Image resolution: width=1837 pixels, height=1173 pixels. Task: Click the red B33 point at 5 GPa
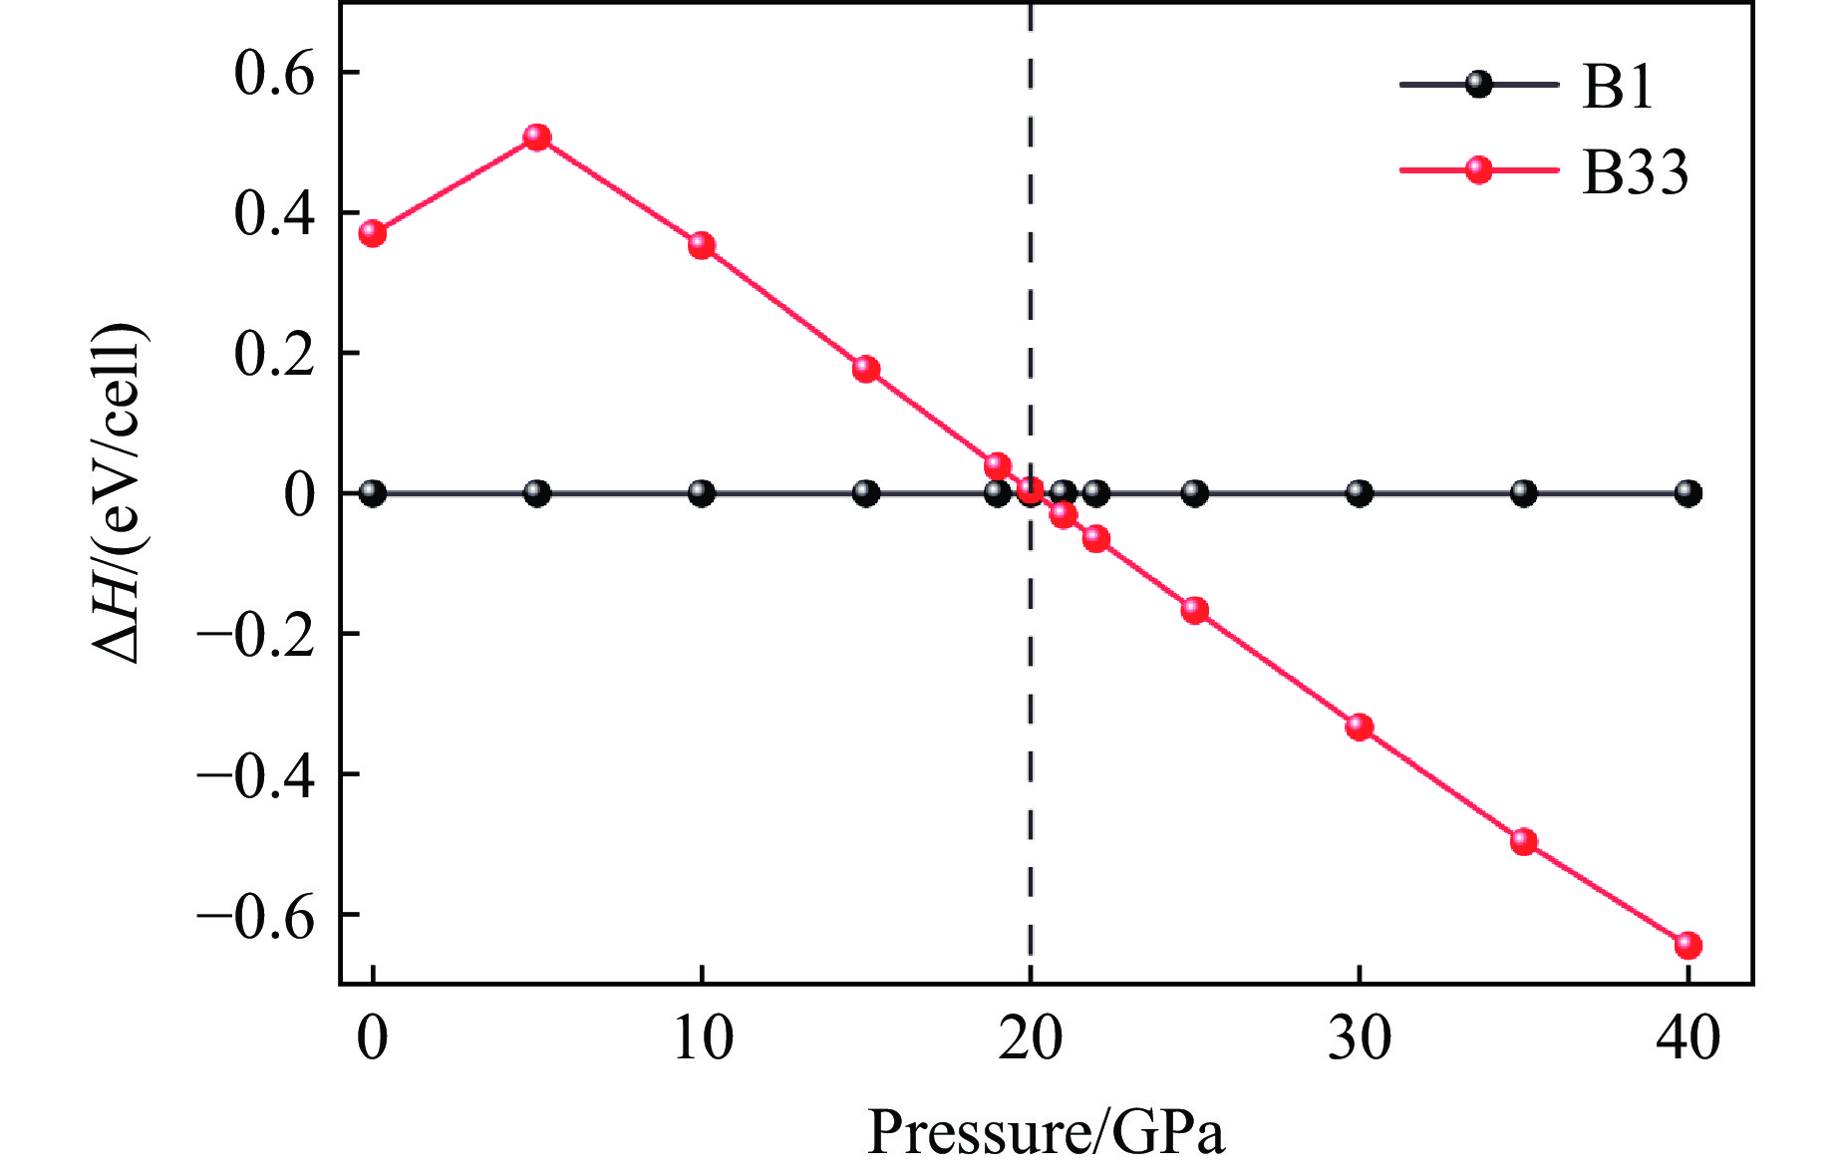pyautogui.click(x=537, y=138)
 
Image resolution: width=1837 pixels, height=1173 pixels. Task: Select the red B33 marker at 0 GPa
pyautogui.click(x=373, y=234)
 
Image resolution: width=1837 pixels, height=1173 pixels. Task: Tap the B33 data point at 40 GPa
pyautogui.click(x=1687, y=945)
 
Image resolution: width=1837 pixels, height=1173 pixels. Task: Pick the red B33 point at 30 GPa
pyautogui.click(x=1360, y=727)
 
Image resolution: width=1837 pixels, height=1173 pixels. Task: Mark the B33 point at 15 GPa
pyautogui.click(x=866, y=370)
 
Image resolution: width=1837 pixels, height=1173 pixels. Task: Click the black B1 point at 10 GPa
pyautogui.click(x=702, y=493)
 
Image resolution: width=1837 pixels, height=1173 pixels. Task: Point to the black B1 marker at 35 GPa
pyautogui.click(x=1523, y=493)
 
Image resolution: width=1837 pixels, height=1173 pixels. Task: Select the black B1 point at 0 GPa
pyautogui.click(x=373, y=493)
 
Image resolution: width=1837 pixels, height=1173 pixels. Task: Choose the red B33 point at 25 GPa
pyautogui.click(x=1195, y=611)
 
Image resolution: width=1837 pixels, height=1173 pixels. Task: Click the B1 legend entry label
pyautogui.click(x=1618, y=87)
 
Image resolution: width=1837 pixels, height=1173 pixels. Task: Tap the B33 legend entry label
pyautogui.click(x=1635, y=171)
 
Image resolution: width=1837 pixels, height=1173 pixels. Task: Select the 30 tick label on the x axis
pyautogui.click(x=1360, y=1038)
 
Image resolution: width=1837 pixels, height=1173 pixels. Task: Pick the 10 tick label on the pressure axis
pyautogui.click(x=702, y=1038)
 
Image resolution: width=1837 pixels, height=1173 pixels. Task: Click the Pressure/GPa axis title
pyautogui.click(x=1046, y=1133)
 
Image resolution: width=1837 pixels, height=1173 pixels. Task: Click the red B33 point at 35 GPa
pyautogui.click(x=1523, y=841)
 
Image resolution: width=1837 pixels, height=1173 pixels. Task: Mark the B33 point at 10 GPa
pyautogui.click(x=702, y=245)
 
